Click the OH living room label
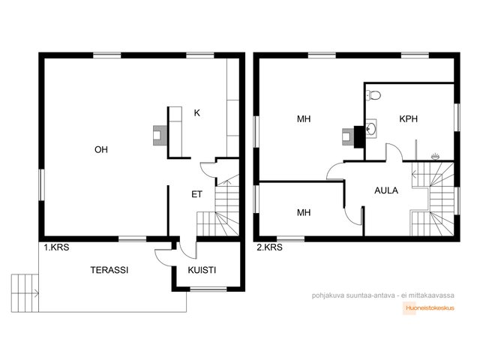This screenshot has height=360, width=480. pos(101,150)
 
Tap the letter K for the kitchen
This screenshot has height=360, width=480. pos(196,113)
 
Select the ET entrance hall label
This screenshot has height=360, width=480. pos(196,194)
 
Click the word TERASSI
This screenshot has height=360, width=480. pos(109,270)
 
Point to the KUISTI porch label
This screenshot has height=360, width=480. pos(202,270)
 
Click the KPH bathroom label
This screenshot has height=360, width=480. pos(408,118)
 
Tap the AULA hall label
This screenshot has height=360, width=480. pos(386,190)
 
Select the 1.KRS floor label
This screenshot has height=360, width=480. pos(56,247)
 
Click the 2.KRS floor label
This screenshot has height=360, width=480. pos(269,247)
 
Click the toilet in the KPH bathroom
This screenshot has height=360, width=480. pos(373,95)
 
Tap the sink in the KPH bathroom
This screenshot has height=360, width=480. pos(371,128)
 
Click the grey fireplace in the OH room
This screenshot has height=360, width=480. pos(160,135)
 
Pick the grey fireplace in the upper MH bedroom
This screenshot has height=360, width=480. pos(348,137)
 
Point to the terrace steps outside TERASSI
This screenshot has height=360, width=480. pos(25,293)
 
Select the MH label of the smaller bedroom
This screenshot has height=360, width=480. pos(304,212)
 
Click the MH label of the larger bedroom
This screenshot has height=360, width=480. pos(304,118)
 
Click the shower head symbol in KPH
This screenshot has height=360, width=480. pos(435,157)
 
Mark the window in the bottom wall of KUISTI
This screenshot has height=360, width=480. pos(208,289)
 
